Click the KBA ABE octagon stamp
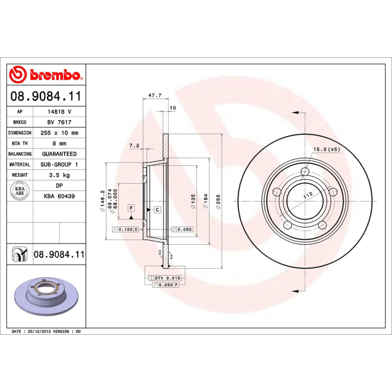click(x=21, y=190)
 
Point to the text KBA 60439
click(x=59, y=196)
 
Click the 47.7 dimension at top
click(x=155, y=95)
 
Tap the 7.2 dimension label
click(x=134, y=146)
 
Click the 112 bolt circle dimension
click(x=308, y=196)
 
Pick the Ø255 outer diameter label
click(x=219, y=201)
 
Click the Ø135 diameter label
click(x=193, y=201)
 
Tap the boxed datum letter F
click(x=131, y=208)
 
